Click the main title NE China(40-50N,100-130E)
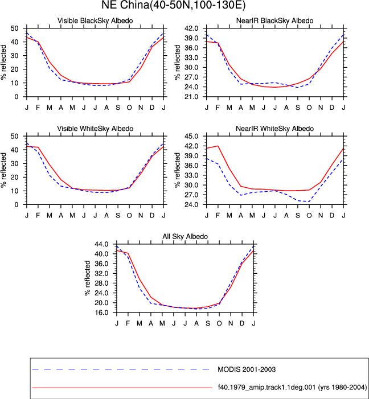(x=174, y=5)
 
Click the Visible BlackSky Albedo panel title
(x=95, y=20)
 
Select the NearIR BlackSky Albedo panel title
(x=275, y=20)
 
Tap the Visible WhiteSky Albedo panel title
(x=95, y=129)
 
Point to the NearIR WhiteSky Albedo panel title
(x=275, y=129)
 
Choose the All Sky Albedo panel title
(x=185, y=236)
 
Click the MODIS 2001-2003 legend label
(x=247, y=369)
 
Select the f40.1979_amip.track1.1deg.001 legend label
(x=292, y=387)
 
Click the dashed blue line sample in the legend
(x=121, y=369)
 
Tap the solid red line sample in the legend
(x=122, y=388)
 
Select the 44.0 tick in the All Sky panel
(x=101, y=244)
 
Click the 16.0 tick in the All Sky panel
(x=101, y=312)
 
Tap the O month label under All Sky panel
(x=219, y=323)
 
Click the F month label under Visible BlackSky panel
(x=38, y=108)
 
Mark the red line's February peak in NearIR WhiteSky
(x=218, y=146)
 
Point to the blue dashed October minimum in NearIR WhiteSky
(x=309, y=201)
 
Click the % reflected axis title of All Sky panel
(x=87, y=278)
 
